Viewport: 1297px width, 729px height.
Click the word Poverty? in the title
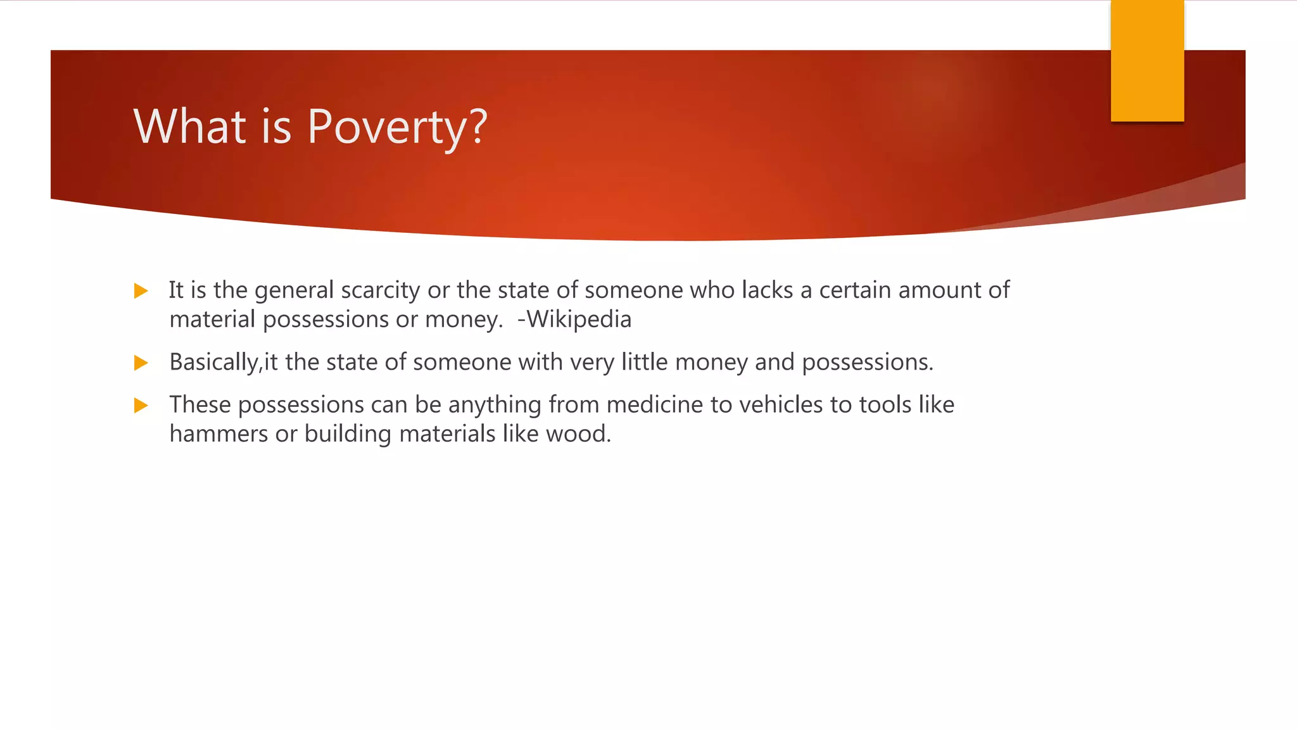(x=397, y=127)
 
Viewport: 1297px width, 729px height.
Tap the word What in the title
(x=189, y=127)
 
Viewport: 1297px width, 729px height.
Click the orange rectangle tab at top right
(x=1147, y=61)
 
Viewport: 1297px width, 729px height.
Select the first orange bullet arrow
(x=141, y=291)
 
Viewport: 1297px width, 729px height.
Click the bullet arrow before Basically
(x=141, y=363)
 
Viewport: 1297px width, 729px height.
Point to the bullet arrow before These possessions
(x=141, y=405)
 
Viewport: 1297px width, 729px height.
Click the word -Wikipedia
(x=574, y=319)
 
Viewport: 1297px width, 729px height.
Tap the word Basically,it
(x=224, y=362)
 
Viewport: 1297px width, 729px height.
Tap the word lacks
(x=767, y=290)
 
